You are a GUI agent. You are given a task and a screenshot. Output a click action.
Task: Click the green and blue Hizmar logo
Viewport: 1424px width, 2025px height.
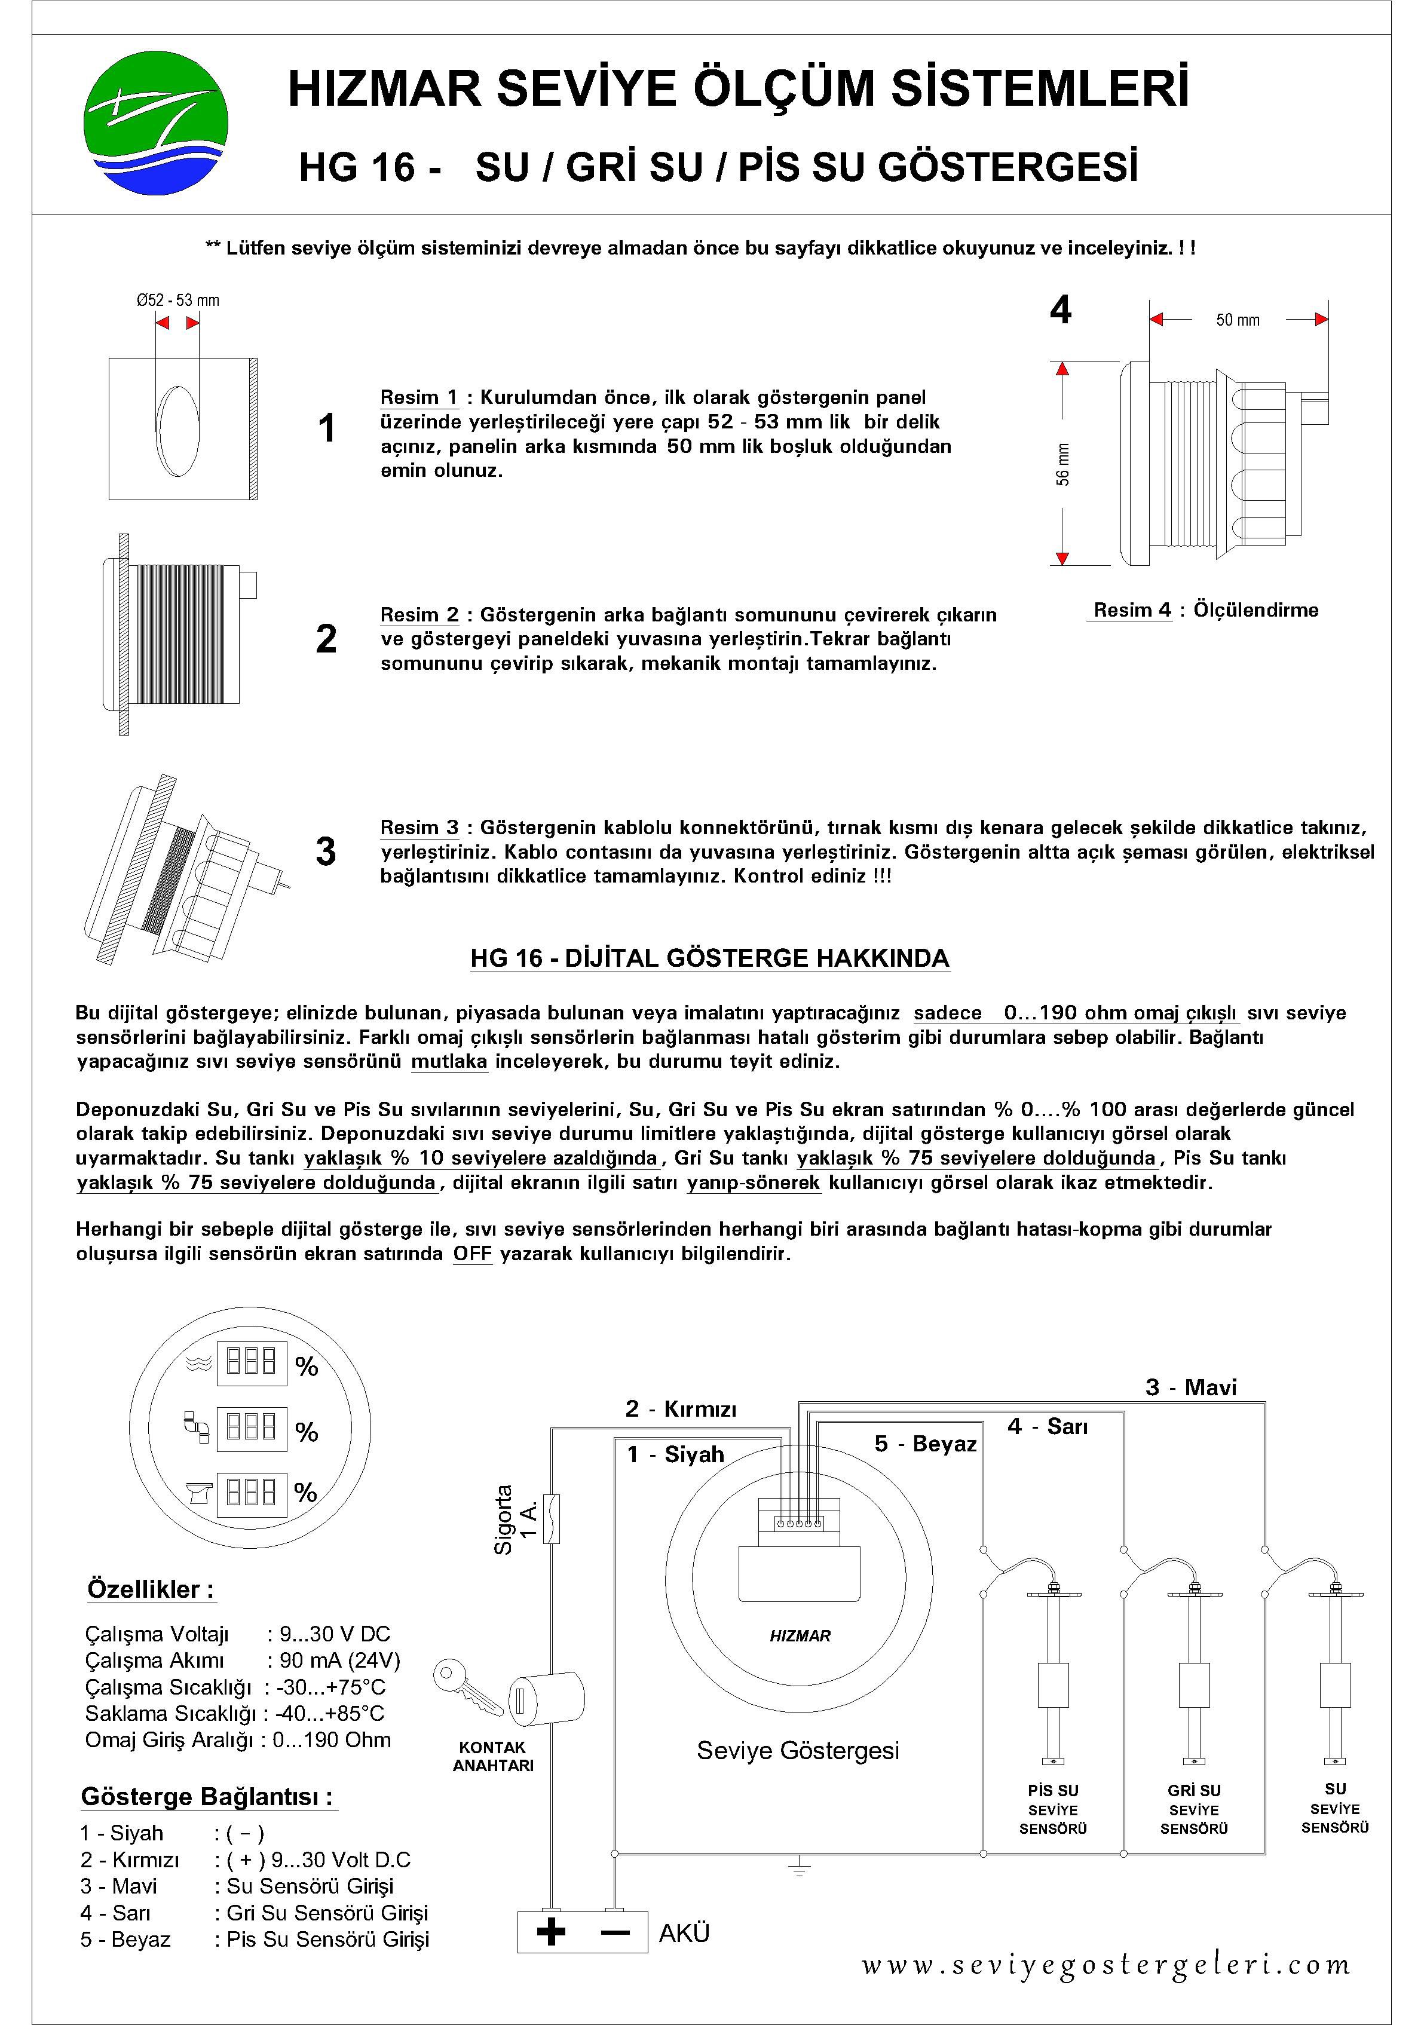(x=155, y=121)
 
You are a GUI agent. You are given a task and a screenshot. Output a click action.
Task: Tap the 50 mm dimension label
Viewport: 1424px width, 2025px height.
(x=1237, y=320)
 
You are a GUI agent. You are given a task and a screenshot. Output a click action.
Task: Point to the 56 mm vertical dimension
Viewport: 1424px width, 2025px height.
(x=1063, y=464)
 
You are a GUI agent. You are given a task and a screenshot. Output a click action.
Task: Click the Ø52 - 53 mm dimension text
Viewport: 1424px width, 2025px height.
(x=178, y=300)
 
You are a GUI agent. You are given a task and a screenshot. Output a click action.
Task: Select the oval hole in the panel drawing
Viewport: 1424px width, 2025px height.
(x=177, y=428)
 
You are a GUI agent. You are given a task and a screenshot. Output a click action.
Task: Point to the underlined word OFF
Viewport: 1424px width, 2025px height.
(x=472, y=1253)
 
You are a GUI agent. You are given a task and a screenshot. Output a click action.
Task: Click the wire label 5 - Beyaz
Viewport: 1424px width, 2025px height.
(x=926, y=1444)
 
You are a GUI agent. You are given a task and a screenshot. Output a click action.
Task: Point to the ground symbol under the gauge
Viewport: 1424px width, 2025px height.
(x=798, y=1868)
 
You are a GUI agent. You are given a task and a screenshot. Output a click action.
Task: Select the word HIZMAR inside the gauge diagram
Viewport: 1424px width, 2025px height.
(x=800, y=1636)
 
